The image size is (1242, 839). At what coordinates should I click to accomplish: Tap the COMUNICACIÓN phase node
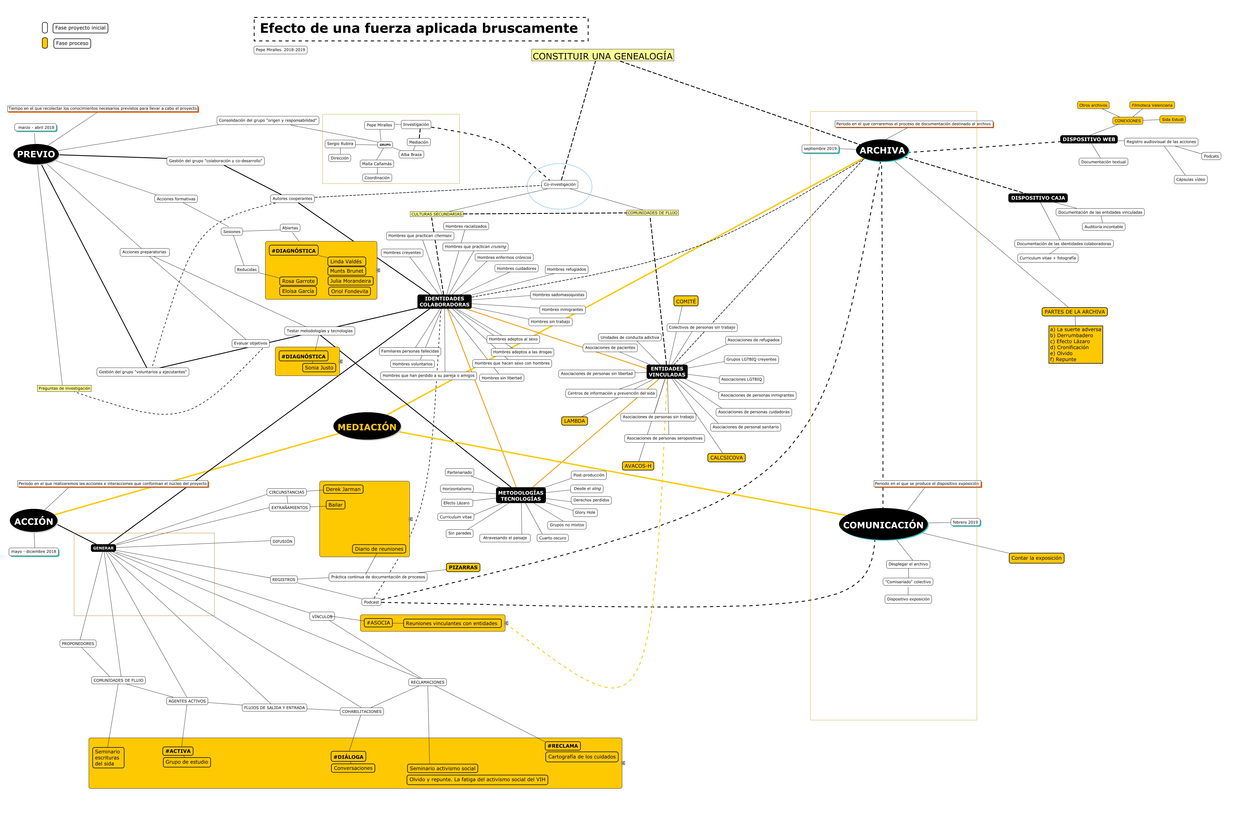pyautogui.click(x=883, y=525)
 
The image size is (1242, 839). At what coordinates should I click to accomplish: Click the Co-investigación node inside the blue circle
pyautogui.click(x=560, y=184)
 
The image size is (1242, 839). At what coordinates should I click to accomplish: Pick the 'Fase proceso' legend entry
pyautogui.click(x=72, y=43)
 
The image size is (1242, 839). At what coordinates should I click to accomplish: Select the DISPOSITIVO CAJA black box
pyautogui.click(x=1038, y=198)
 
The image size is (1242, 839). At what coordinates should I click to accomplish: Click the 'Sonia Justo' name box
pyautogui.click(x=319, y=368)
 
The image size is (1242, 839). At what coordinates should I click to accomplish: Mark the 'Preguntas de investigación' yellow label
pyautogui.click(x=64, y=388)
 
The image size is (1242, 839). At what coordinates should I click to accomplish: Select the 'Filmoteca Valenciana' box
pyautogui.click(x=1152, y=105)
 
